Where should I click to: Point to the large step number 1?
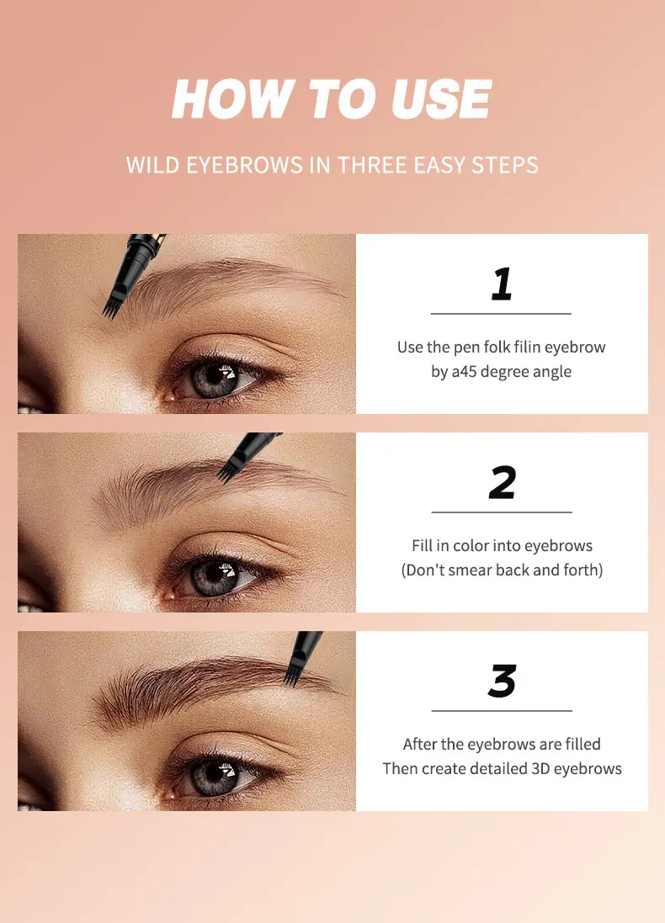pyautogui.click(x=502, y=284)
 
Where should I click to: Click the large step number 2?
pyautogui.click(x=503, y=483)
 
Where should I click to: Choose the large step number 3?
pyautogui.click(x=503, y=681)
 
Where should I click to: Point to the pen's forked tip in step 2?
pyautogui.click(x=226, y=475)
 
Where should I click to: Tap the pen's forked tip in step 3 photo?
pyautogui.click(x=291, y=678)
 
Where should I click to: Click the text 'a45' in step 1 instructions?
pyautogui.click(x=464, y=372)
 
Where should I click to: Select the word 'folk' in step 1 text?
pyautogui.click(x=497, y=347)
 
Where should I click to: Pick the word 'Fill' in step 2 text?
pyautogui.click(x=423, y=546)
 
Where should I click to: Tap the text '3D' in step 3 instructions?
pyautogui.click(x=540, y=769)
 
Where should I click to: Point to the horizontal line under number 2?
pyautogui.click(x=502, y=512)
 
